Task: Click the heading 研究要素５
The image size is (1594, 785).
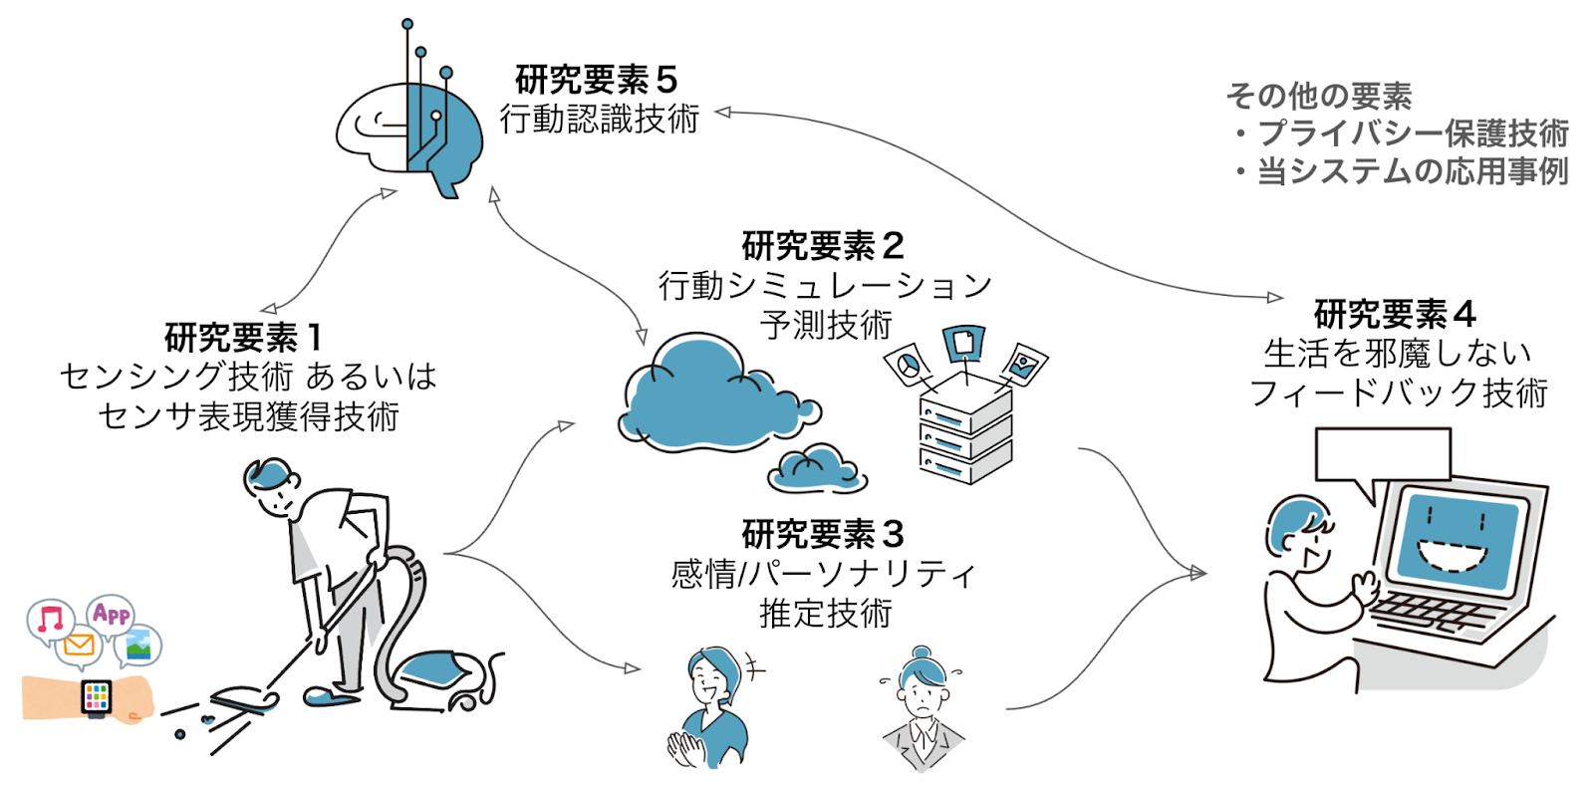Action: point(596,80)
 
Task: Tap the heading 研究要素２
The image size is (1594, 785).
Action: point(823,245)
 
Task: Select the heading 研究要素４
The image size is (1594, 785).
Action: point(1394,314)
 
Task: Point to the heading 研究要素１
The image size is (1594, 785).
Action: point(243,338)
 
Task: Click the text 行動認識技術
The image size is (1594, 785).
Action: point(599,119)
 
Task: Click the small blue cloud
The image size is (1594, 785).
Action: point(815,468)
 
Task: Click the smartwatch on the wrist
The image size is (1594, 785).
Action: point(97,696)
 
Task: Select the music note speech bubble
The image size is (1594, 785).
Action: point(50,620)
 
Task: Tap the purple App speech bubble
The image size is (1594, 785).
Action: point(111,613)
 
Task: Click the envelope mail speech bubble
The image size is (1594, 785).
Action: point(78,647)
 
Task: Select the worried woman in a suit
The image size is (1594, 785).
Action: point(923,707)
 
